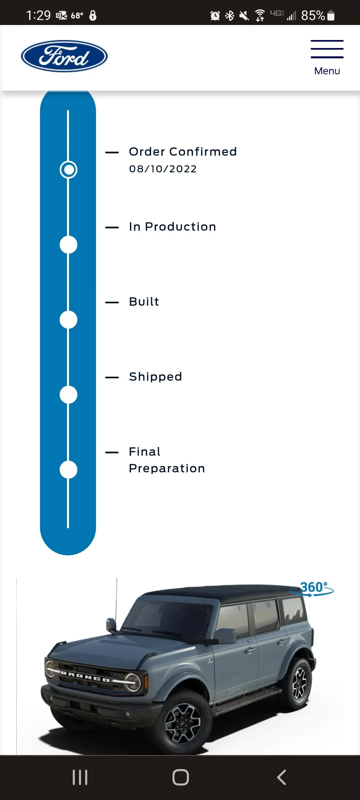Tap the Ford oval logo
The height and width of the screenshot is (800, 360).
click(x=64, y=56)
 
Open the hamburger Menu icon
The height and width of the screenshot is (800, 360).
click(x=327, y=49)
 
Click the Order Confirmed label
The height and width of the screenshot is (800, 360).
click(x=183, y=152)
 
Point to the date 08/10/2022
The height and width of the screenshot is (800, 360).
click(x=163, y=169)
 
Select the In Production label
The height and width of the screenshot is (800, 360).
click(x=173, y=227)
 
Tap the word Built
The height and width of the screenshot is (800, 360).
click(x=144, y=302)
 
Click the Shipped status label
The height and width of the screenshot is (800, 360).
click(x=156, y=377)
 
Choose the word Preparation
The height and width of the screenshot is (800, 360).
click(x=167, y=468)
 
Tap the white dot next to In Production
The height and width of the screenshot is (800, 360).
click(x=68, y=245)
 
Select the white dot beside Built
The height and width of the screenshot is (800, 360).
click(x=68, y=320)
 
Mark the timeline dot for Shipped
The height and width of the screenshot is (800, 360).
click(x=68, y=395)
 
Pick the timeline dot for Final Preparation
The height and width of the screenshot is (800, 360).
click(x=68, y=470)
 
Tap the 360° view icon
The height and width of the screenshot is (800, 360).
click(x=312, y=589)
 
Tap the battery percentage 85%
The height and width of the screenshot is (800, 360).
click(x=313, y=15)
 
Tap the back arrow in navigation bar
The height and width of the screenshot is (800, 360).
click(x=282, y=777)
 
